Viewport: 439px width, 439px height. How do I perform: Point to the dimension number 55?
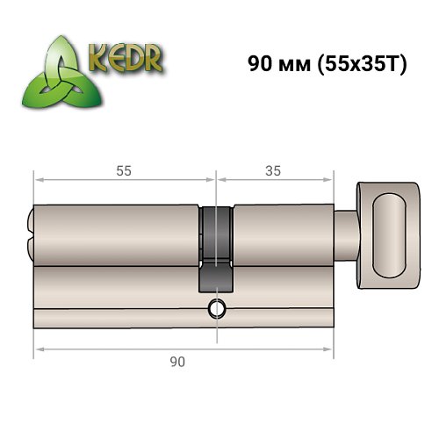[x=124, y=171]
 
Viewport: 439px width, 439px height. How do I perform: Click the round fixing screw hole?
[x=216, y=309]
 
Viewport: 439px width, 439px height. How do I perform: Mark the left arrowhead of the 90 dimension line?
[x=38, y=349]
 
